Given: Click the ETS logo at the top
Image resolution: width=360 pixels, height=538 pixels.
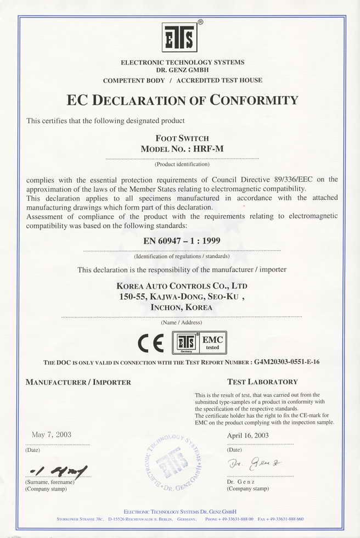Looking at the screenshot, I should pyautogui.click(x=179, y=37).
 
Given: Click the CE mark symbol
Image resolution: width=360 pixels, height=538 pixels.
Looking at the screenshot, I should pyautogui.click(x=150, y=343).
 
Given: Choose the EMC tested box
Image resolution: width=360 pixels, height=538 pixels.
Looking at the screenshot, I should pyautogui.click(x=212, y=343).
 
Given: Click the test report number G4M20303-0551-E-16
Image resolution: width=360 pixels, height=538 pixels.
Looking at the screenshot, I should pyautogui.click(x=295, y=362).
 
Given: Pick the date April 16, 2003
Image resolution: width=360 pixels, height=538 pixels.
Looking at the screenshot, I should pyautogui.click(x=248, y=435).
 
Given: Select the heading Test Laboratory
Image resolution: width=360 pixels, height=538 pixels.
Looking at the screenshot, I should pyautogui.click(x=262, y=382).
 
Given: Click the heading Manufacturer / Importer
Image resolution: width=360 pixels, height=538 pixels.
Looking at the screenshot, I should pyautogui.click(x=78, y=382).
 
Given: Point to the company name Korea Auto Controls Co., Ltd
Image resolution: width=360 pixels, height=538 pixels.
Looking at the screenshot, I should pyautogui.click(x=182, y=286).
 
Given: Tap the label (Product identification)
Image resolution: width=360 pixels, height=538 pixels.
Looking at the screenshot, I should pyautogui.click(x=182, y=164).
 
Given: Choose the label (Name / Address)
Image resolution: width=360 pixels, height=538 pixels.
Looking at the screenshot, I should pyautogui.click(x=182, y=322).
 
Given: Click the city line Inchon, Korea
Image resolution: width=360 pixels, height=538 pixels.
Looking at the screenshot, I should pyautogui.click(x=182, y=307).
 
